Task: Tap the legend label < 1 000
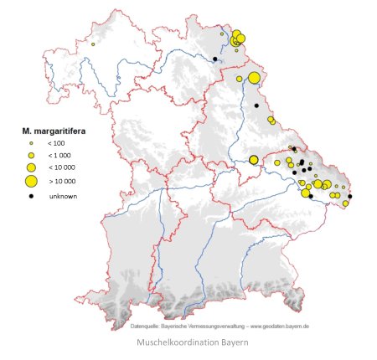coord(59,156)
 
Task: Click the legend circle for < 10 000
coord(31,167)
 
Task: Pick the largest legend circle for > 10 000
coord(31,181)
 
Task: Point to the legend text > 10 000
coord(61,181)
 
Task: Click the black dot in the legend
coord(31,196)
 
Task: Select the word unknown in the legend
coord(62,196)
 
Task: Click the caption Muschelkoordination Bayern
coord(188,342)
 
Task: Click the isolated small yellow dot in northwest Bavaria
coord(92,44)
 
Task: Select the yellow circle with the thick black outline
coord(253,160)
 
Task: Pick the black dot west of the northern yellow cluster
coord(215,59)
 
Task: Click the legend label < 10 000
coord(60,167)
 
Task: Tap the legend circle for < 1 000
coord(31,156)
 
